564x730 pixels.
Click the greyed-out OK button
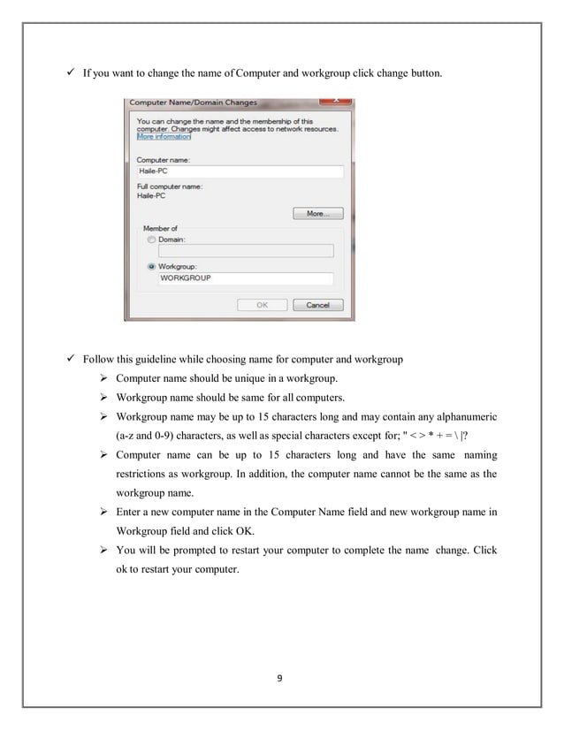(x=262, y=305)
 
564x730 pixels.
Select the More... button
(x=317, y=213)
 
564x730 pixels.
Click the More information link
(x=164, y=137)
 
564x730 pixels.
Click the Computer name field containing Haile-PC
(x=239, y=171)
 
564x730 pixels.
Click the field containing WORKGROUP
(x=245, y=278)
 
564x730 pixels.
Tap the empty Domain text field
(x=245, y=251)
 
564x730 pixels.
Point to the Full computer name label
(x=170, y=186)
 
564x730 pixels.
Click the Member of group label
(x=161, y=228)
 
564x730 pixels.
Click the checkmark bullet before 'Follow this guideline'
(x=71, y=360)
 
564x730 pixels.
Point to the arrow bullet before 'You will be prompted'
(x=103, y=550)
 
